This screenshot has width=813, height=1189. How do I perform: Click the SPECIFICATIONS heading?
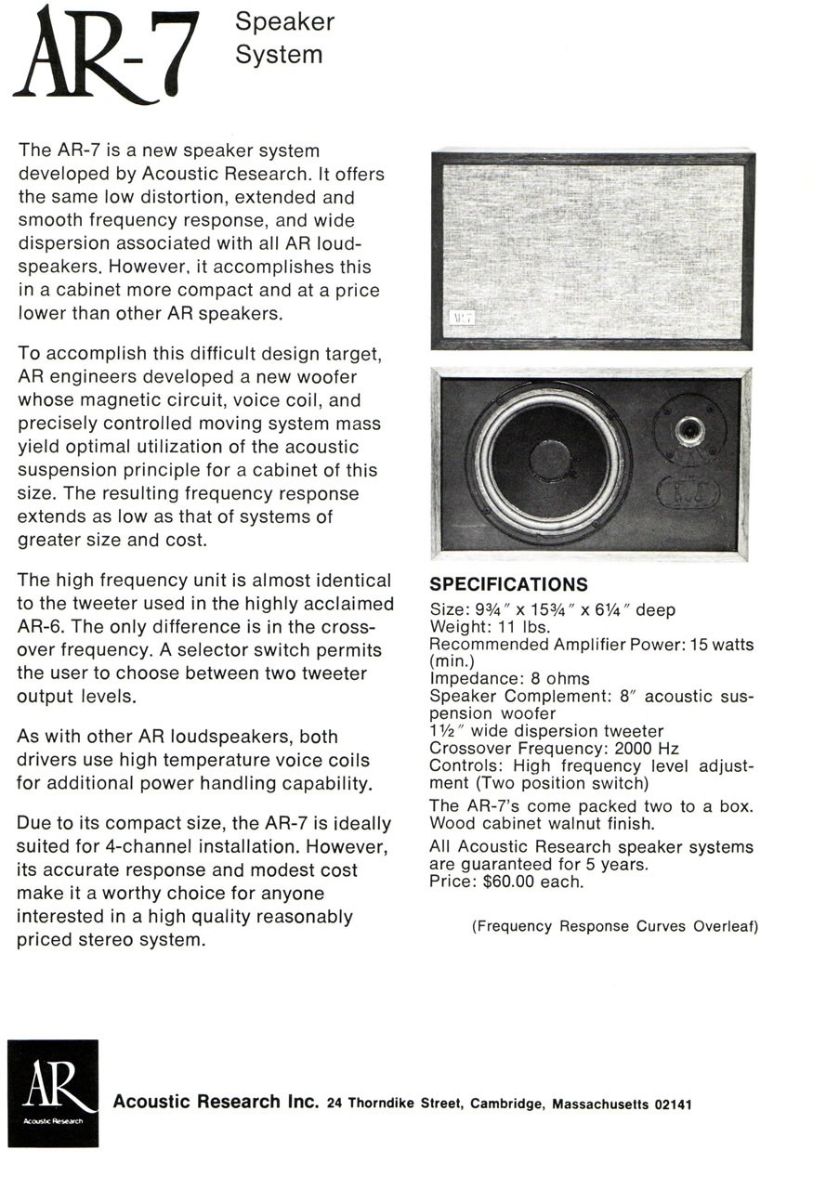point(508,585)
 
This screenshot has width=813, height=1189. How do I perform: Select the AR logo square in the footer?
point(53,1092)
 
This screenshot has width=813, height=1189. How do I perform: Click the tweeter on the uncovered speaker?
point(688,429)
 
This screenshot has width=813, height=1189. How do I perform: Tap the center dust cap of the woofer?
point(550,460)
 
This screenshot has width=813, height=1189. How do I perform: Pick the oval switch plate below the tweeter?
point(688,490)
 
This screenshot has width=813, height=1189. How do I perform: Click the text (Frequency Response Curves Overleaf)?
point(614,926)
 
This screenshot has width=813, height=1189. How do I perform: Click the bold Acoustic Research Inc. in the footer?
point(216,1103)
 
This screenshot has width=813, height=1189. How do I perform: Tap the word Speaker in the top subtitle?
point(284,21)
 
